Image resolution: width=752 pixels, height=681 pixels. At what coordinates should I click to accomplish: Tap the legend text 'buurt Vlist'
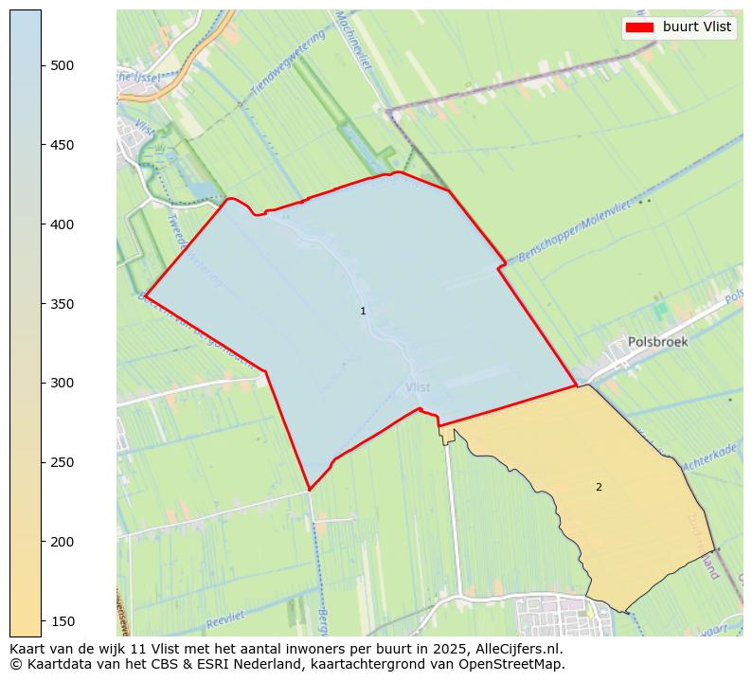697,27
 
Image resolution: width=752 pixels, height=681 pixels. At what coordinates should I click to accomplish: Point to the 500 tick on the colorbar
63,65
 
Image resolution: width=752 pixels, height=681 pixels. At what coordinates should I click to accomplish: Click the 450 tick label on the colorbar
63,145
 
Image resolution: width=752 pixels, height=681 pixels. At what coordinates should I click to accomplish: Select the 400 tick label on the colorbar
63,224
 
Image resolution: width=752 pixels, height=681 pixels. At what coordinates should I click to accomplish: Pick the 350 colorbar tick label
63,304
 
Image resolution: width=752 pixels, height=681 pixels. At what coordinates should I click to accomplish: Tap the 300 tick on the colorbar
63,384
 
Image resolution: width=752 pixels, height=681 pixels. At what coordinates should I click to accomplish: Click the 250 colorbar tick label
63,462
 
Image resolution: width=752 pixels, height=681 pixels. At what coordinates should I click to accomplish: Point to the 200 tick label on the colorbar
63,542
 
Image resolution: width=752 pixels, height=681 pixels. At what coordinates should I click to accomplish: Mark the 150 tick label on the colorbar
63,621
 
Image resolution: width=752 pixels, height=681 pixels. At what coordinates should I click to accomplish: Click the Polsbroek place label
657,342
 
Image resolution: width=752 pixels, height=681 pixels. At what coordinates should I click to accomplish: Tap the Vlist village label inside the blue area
417,387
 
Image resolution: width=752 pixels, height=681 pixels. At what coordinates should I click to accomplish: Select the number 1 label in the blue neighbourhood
363,311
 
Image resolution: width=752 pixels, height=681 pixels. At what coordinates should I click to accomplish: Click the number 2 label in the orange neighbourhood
599,487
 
